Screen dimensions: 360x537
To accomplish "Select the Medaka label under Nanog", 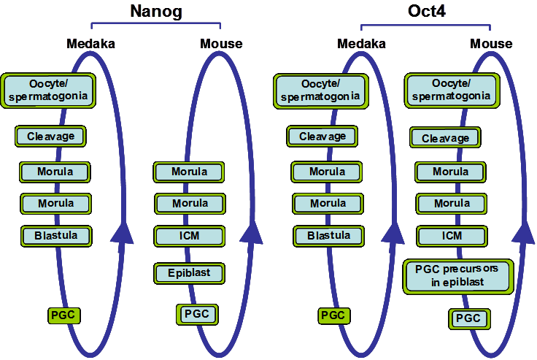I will (x=90, y=44).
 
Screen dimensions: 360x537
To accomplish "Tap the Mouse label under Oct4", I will (x=491, y=44).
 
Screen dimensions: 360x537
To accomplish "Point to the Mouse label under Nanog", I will (x=221, y=44).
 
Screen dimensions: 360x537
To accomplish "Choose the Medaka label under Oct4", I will (x=361, y=44).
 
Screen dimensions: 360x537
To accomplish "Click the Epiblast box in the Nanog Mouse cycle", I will (x=188, y=273).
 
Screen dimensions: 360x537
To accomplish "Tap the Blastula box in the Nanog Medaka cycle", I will (x=55, y=236).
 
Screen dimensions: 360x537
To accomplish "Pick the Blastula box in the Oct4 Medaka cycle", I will (x=328, y=236).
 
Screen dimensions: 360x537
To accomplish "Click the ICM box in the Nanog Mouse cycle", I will (x=188, y=236).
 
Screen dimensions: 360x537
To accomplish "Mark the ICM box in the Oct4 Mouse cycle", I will (x=452, y=236).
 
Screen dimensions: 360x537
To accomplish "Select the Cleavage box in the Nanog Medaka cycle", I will (x=50, y=136).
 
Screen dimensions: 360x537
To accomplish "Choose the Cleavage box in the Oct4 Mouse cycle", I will (x=445, y=137).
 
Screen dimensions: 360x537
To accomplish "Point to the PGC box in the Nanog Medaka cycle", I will (x=63, y=315).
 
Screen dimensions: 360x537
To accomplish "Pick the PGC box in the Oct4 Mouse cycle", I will (x=468, y=318).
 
